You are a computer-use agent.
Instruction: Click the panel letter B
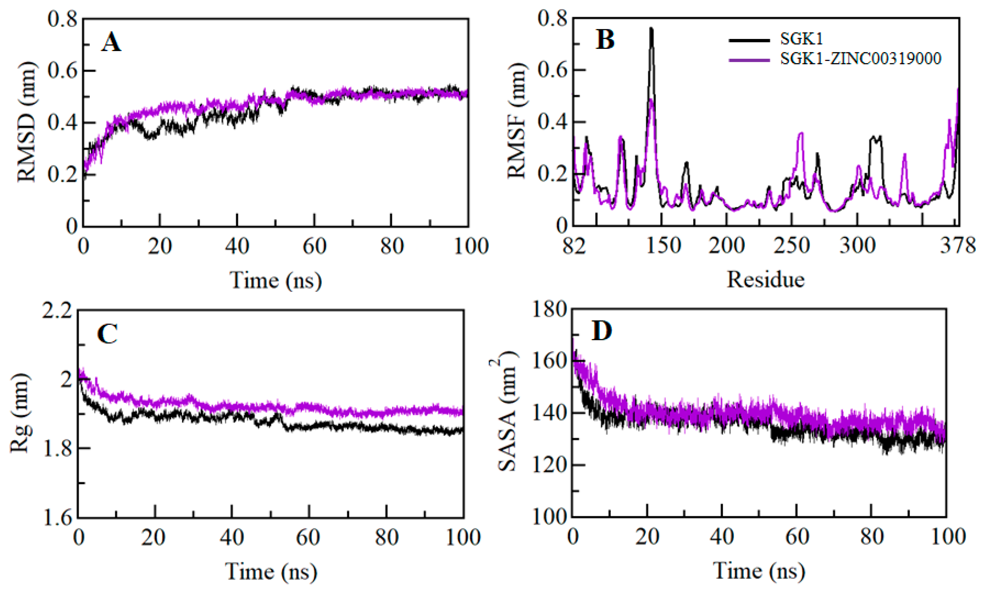coord(605,40)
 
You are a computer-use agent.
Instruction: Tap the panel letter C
coord(107,334)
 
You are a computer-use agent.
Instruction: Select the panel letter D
coord(601,331)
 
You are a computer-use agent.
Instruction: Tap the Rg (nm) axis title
coord(20,413)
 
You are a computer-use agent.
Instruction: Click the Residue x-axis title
coord(766,279)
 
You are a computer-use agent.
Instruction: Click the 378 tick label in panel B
coord(957,246)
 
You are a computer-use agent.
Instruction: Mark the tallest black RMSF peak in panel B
coord(651,28)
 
